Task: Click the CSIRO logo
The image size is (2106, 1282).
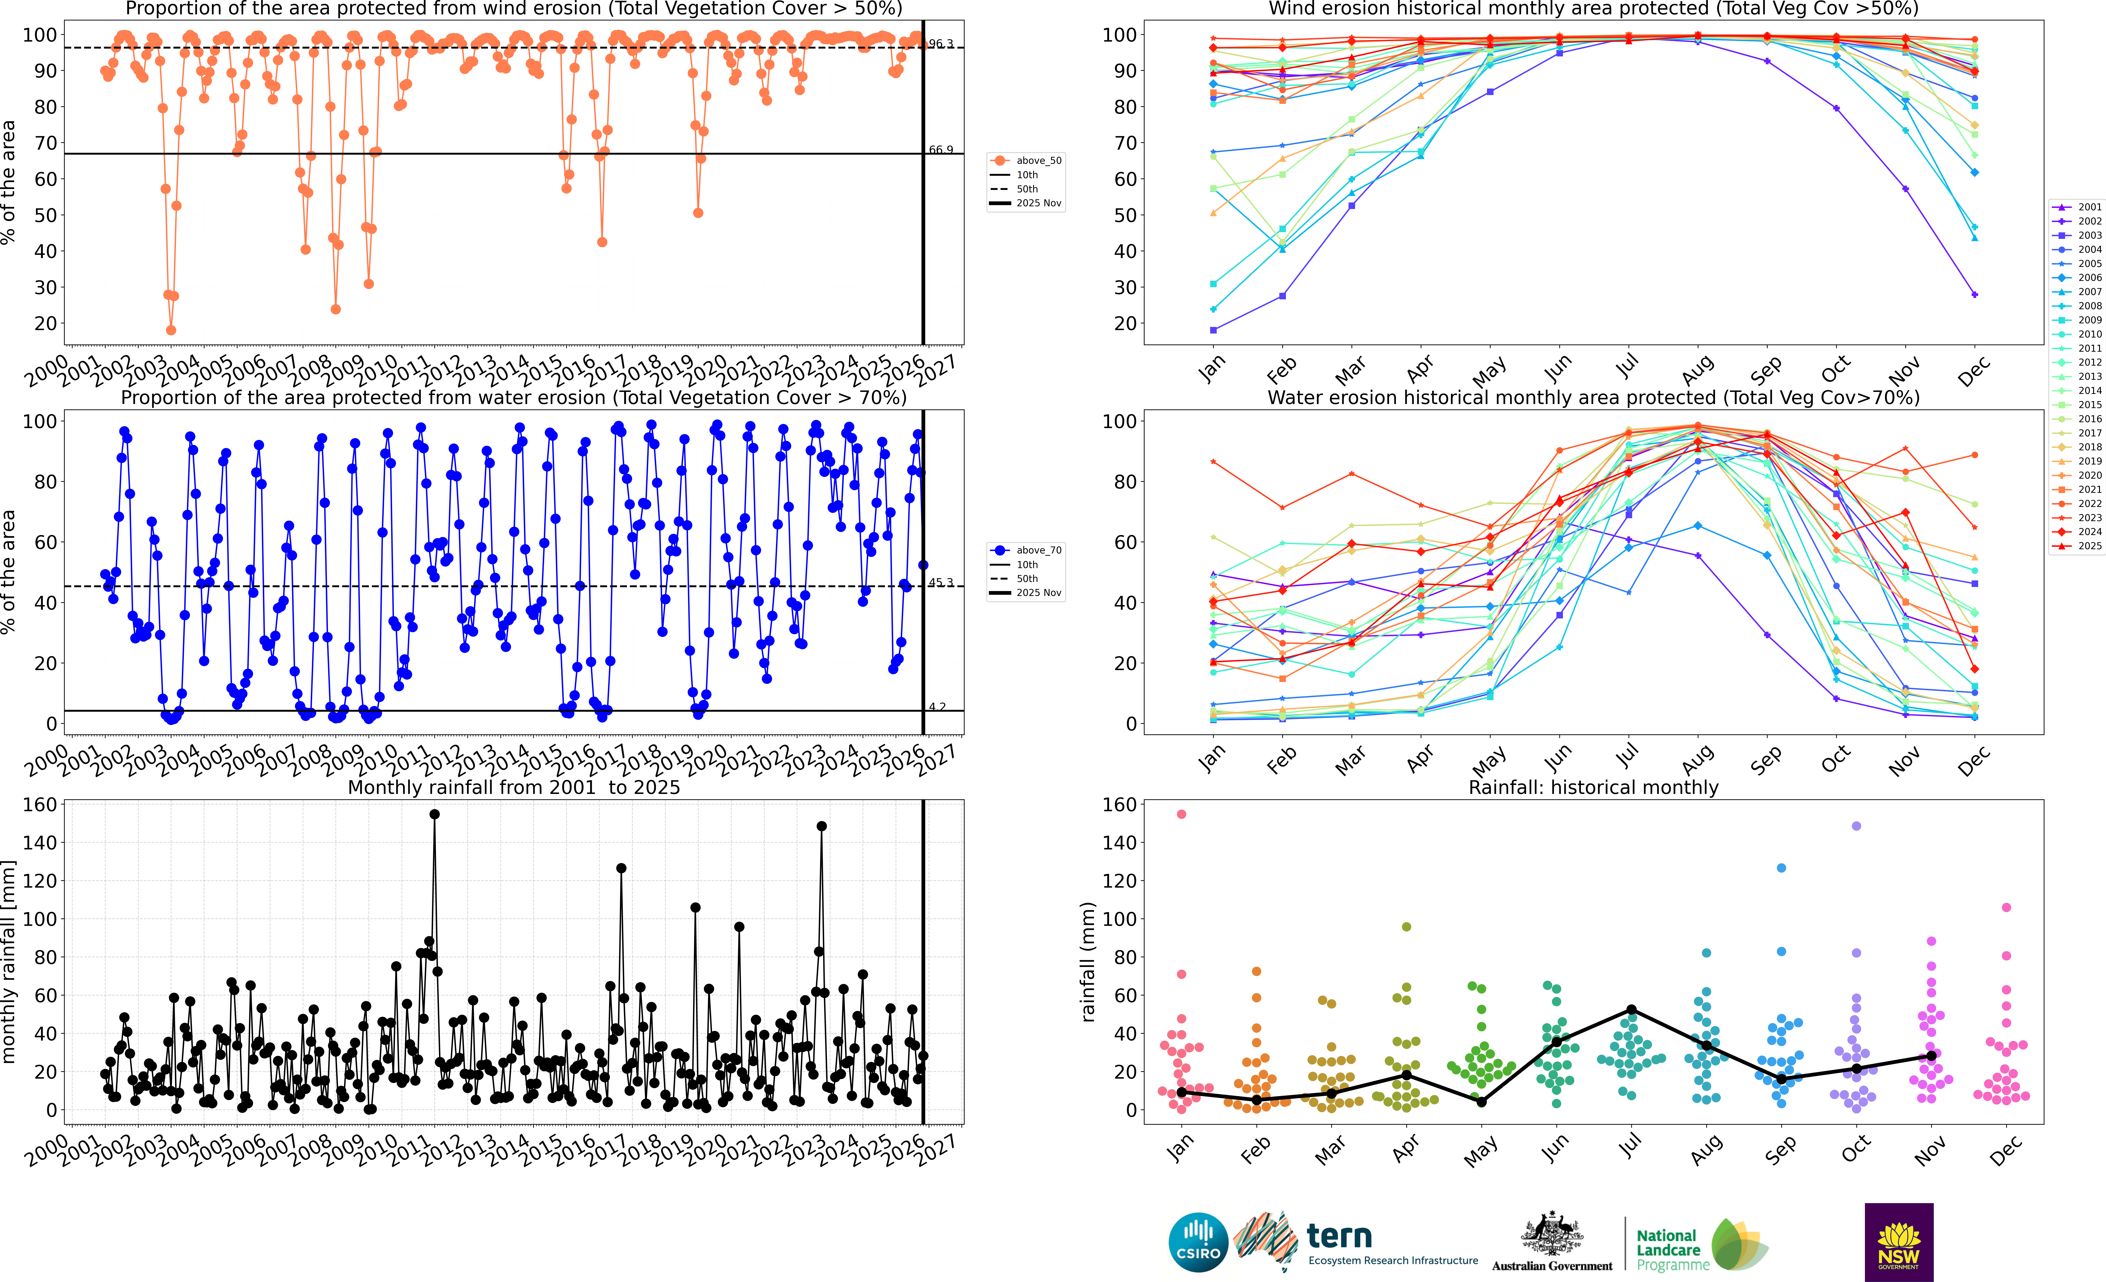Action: click(x=1198, y=1242)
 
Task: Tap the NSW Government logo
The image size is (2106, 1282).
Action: click(x=1898, y=1242)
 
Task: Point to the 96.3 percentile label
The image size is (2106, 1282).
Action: click(x=941, y=44)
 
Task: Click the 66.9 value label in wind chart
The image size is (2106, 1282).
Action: click(x=941, y=150)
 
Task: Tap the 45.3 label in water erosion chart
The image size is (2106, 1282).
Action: click(x=941, y=583)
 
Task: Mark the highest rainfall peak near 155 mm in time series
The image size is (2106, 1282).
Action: click(x=434, y=815)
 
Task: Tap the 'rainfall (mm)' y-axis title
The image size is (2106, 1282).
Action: click(x=1087, y=962)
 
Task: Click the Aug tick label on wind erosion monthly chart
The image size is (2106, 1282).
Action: click(x=1698, y=369)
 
